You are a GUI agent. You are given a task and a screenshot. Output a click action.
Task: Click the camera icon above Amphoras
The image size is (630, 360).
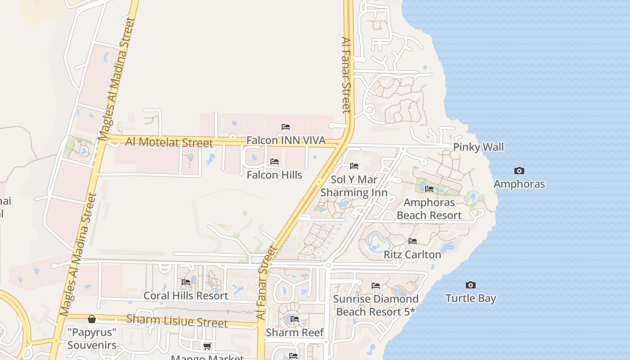[519, 171]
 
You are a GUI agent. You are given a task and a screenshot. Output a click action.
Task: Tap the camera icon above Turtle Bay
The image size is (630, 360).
[471, 285]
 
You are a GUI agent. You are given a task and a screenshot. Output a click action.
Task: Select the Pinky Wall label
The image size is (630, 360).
[478, 147]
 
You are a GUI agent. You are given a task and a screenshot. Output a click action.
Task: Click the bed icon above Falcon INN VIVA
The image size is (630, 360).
[286, 127]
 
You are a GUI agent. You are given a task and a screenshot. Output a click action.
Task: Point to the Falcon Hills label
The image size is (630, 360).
[274, 175]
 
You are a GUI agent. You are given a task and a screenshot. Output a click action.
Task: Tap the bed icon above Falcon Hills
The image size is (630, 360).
[274, 162]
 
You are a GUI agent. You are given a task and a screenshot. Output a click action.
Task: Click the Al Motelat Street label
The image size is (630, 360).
[169, 142]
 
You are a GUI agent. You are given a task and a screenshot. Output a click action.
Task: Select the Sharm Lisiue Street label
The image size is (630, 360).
[177, 321]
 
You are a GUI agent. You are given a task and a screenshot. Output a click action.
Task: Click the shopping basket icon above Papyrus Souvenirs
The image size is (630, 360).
[92, 319]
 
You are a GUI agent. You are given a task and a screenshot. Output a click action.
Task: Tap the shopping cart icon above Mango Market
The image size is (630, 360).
[207, 346]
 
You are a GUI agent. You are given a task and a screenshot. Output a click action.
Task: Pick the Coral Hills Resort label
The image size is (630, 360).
[186, 296]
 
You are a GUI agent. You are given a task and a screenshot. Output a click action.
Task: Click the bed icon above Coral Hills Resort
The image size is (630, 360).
[186, 282]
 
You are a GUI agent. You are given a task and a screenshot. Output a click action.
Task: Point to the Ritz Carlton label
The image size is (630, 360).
[412, 255]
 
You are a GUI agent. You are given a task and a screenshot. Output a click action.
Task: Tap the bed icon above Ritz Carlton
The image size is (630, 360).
[413, 241]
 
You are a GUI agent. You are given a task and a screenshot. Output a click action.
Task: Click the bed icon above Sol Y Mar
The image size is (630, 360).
[354, 166]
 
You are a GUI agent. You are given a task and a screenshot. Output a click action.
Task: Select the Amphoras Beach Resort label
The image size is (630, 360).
[429, 209]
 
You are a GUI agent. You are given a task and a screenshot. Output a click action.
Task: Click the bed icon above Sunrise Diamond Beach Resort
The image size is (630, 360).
[376, 286]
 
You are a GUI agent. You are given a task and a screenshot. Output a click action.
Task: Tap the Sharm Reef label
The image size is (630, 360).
[295, 333]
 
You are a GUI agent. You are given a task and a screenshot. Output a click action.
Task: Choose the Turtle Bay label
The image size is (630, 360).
[471, 298]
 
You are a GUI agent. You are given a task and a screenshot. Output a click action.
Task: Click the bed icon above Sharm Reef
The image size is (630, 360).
[295, 319]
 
